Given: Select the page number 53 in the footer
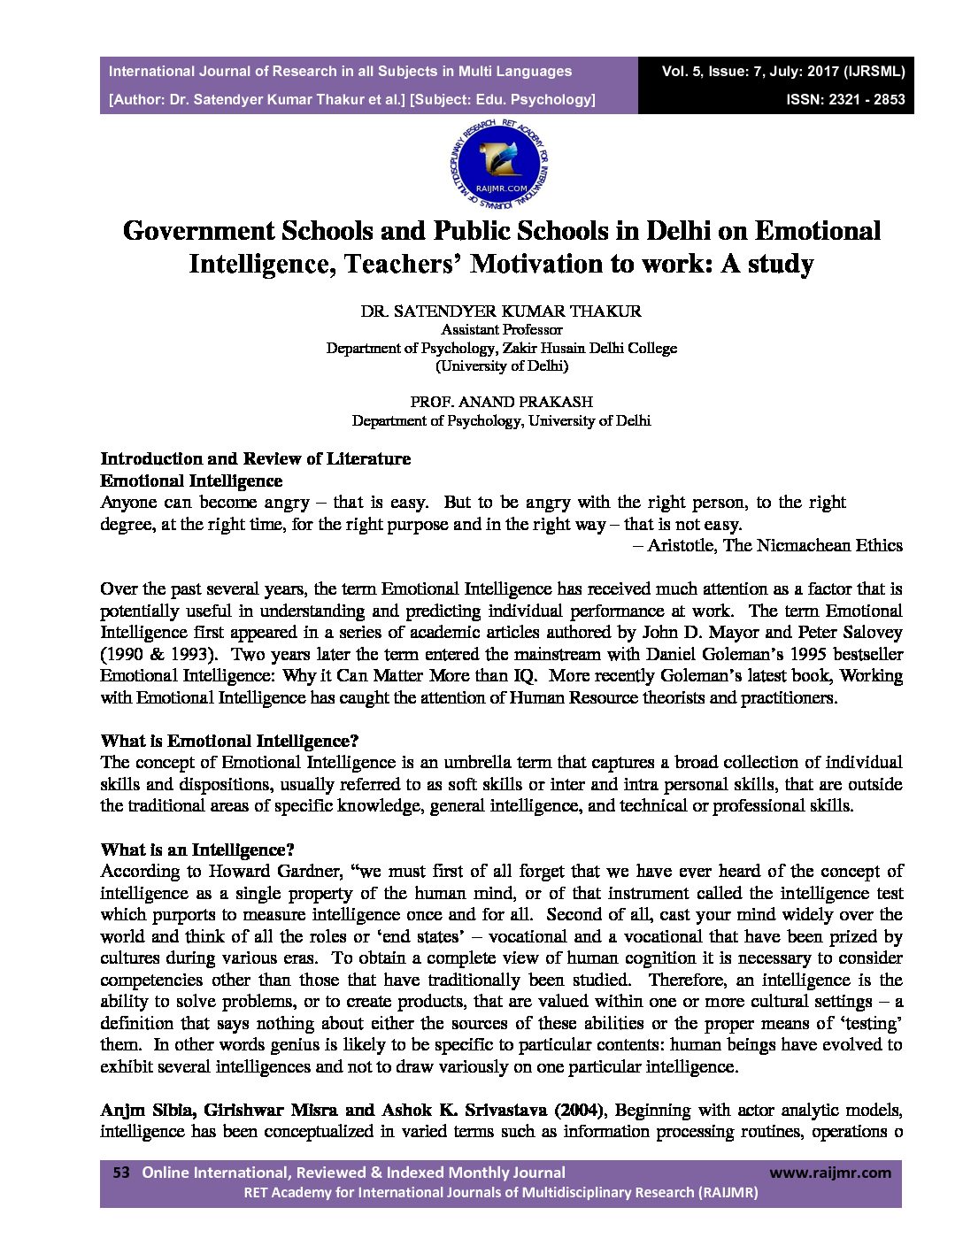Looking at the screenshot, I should (121, 1173).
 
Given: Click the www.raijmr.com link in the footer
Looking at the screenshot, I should (829, 1173).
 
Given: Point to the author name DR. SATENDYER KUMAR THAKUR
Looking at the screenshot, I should (501, 311).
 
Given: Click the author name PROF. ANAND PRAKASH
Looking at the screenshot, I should (501, 401).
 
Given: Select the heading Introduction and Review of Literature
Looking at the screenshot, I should (255, 458).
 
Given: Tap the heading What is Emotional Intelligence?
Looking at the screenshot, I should (229, 741).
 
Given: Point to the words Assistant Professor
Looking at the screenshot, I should (501, 329).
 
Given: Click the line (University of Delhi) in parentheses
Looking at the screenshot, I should (501, 365).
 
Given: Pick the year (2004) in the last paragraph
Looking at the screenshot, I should (580, 1110).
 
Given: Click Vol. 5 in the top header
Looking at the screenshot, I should (681, 71).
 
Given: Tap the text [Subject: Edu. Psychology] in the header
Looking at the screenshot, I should (502, 99).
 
